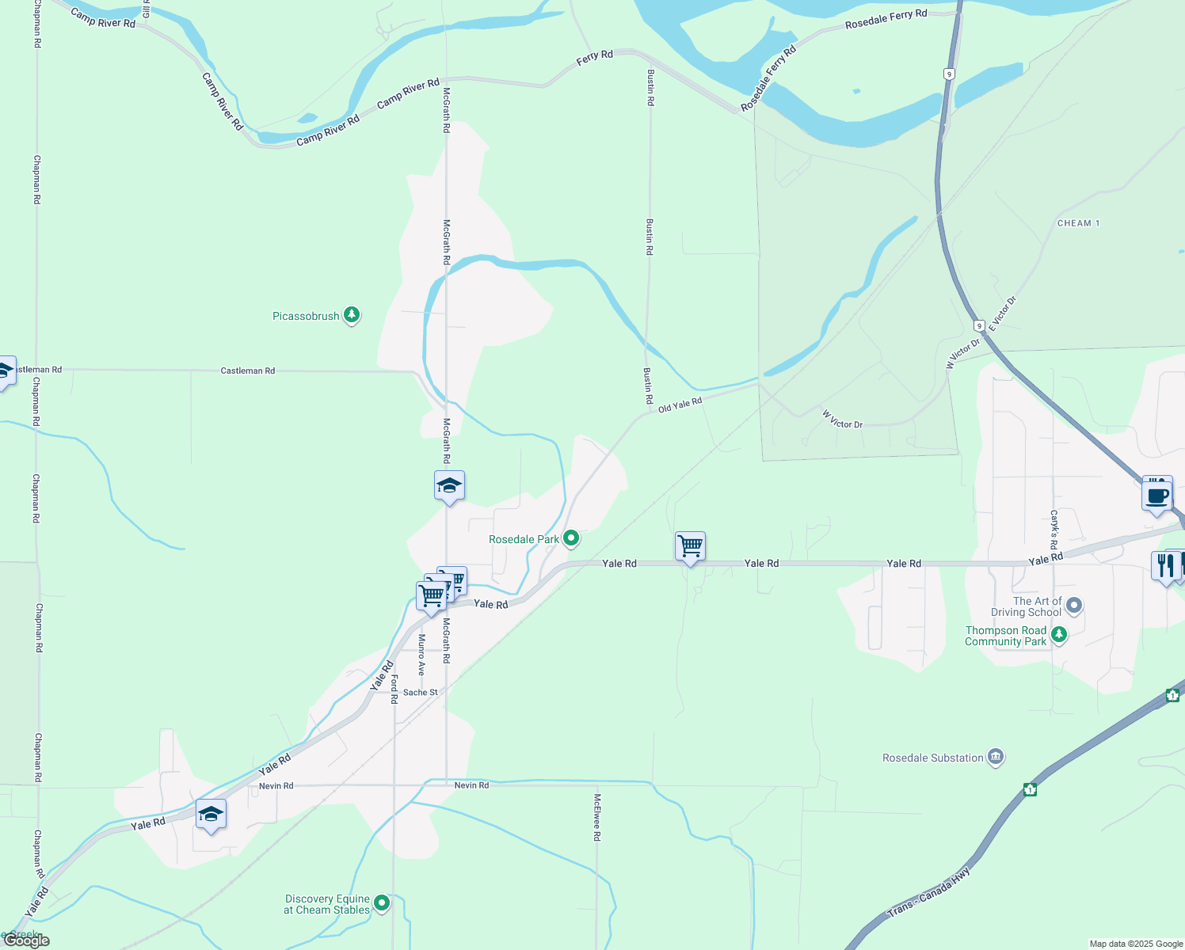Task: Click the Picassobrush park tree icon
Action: (x=352, y=315)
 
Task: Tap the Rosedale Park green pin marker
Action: (x=571, y=539)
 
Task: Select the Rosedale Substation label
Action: (x=933, y=758)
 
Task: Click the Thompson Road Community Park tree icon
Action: (x=1059, y=635)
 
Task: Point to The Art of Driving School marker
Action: (x=1074, y=606)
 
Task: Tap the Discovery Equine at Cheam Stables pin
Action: (x=382, y=903)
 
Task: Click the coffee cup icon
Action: (x=1157, y=496)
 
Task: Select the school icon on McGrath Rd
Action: (x=449, y=486)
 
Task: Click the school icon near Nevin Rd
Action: (x=211, y=814)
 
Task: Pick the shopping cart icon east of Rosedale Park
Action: (x=690, y=546)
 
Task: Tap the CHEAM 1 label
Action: (x=1078, y=223)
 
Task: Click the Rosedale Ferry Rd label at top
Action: (x=886, y=19)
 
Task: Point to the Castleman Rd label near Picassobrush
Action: (x=248, y=370)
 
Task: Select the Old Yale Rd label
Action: (x=680, y=405)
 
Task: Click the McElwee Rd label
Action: (x=597, y=817)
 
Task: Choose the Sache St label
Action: (x=420, y=693)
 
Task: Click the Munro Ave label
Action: (x=421, y=654)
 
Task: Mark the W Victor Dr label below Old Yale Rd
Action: (x=842, y=420)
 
